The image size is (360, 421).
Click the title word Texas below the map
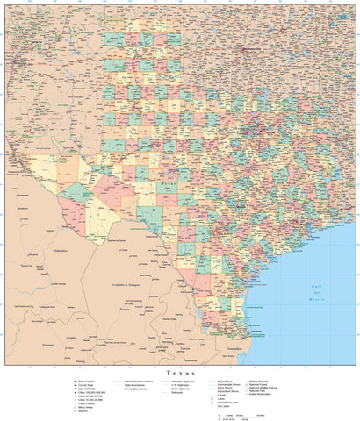[x=179, y=373]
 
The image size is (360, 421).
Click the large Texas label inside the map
[x=167, y=185]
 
